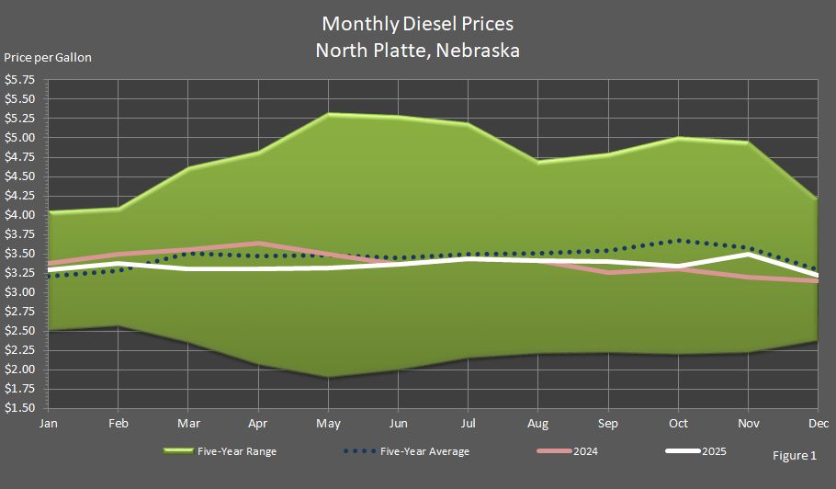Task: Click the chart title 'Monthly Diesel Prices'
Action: (417, 23)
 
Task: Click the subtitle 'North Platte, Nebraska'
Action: (417, 50)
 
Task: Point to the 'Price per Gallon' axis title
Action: (48, 57)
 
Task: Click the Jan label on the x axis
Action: (48, 424)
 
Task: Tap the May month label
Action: (328, 424)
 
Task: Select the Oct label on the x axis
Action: (678, 424)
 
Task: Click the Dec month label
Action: (817, 424)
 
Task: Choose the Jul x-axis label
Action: (468, 424)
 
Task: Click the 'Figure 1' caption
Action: (795, 455)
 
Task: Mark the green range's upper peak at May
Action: (328, 115)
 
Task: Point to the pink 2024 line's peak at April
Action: (258, 244)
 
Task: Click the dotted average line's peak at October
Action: (678, 241)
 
